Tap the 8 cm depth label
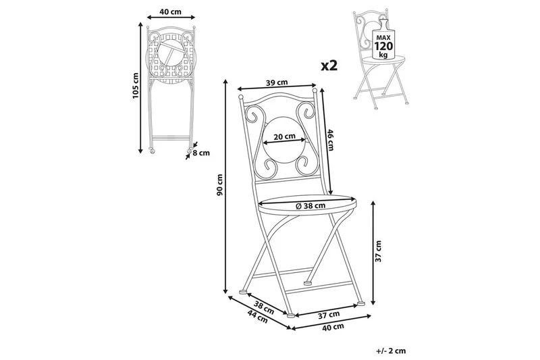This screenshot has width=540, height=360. [x=201, y=153]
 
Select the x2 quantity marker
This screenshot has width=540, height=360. [x=329, y=65]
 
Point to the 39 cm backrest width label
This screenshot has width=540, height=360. [x=278, y=82]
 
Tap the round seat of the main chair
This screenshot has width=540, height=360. [x=307, y=201]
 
